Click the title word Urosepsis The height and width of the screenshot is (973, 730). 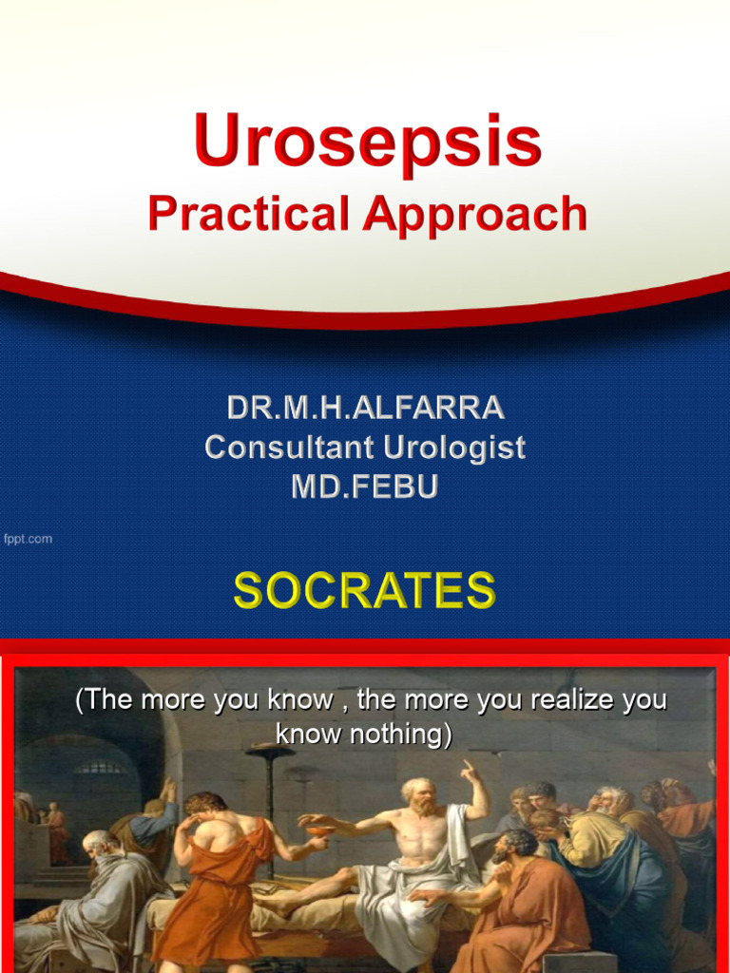pos(367,143)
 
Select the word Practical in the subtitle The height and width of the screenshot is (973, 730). pos(248,215)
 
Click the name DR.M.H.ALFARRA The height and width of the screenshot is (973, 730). pos(365,409)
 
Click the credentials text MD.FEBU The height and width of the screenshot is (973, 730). pos(365,486)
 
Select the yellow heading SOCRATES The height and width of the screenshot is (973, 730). pos(365,590)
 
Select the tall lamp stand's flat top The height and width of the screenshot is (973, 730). pos(269,752)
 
